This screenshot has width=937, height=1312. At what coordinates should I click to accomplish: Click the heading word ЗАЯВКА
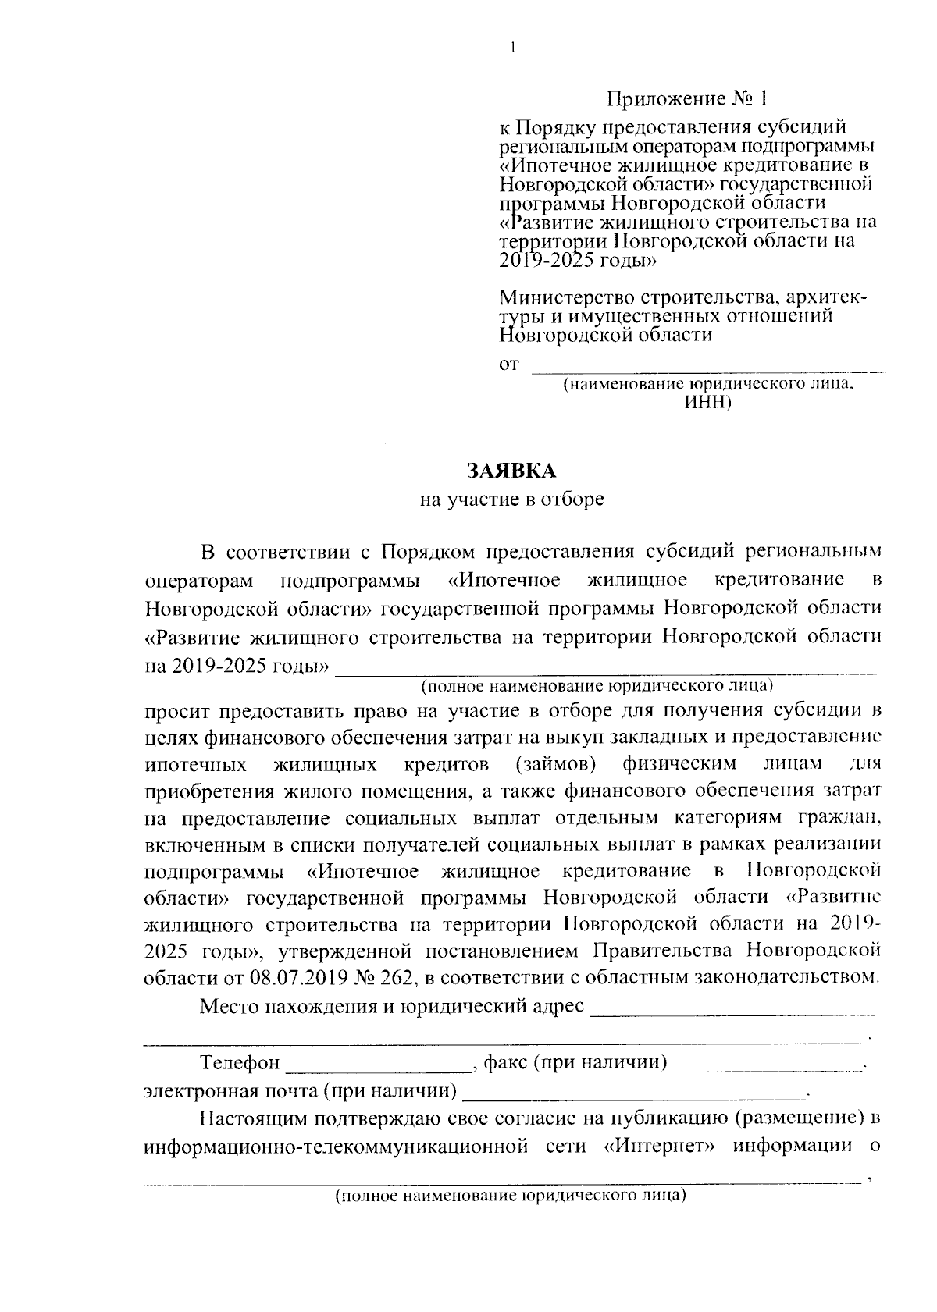[511, 471]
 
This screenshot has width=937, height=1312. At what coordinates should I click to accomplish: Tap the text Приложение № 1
[687, 99]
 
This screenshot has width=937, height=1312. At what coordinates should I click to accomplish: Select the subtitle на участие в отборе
[511, 500]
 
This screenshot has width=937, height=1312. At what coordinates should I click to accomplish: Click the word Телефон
[240, 1063]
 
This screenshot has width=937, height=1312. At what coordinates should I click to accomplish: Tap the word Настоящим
[250, 1119]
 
